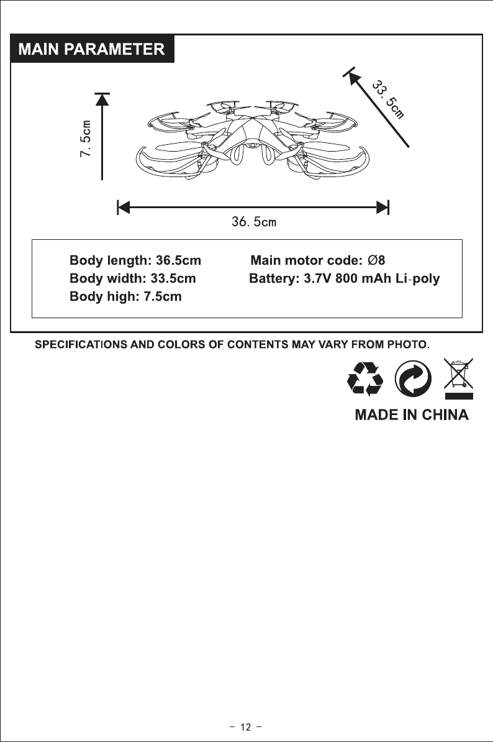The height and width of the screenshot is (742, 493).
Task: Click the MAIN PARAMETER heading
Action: [92, 49]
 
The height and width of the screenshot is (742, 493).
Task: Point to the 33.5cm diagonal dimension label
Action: [388, 98]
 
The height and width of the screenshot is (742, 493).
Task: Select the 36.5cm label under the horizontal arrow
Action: [253, 222]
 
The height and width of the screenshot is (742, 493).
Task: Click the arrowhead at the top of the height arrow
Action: [102, 99]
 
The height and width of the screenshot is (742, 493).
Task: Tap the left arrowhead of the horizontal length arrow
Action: [123, 207]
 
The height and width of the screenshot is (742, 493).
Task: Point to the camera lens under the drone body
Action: [254, 148]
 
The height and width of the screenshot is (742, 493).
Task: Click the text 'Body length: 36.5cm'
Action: [135, 260]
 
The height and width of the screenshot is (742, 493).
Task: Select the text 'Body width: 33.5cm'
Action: [133, 278]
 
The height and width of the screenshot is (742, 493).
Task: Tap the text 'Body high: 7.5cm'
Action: [125, 296]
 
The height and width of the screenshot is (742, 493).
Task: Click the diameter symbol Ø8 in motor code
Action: [377, 260]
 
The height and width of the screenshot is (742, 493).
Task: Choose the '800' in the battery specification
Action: [346, 278]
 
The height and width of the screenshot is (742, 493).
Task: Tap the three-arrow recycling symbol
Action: [366, 378]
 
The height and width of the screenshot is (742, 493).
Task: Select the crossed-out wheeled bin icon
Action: [458, 377]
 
